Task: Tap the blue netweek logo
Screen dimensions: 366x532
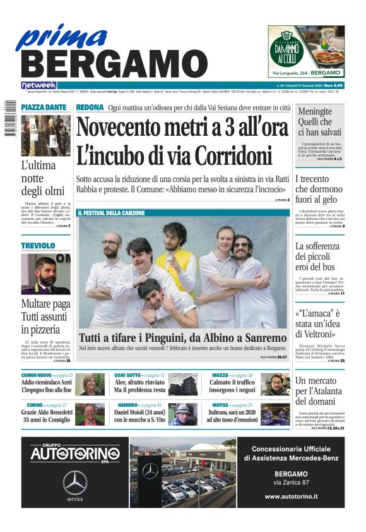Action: coord(38,85)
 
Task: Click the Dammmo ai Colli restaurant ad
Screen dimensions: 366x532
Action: coord(305,51)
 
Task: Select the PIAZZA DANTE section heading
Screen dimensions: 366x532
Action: coord(44,108)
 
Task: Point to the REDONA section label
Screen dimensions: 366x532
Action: coord(90,108)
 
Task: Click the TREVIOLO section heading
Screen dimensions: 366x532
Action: coord(38,245)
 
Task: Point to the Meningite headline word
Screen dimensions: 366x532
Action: coord(315,111)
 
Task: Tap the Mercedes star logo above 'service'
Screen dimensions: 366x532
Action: coord(75,483)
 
